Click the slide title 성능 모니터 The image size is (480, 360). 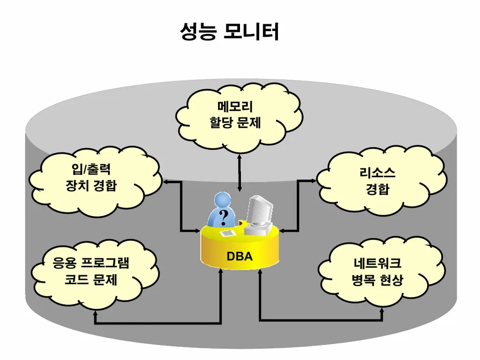pos(229,32)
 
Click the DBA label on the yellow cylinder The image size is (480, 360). pos(240,256)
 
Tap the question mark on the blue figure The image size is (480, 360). pos(224,217)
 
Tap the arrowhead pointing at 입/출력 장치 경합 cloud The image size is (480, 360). pos(165,181)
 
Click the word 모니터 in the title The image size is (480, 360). pos(251,32)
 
